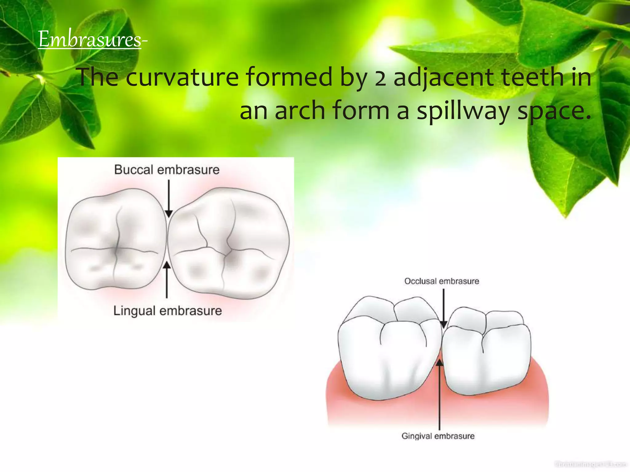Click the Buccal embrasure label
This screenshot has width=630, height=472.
click(x=167, y=170)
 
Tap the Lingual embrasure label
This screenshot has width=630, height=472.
click(x=168, y=311)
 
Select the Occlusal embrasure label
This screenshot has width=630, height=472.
click(x=441, y=281)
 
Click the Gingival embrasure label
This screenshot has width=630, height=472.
click(x=438, y=436)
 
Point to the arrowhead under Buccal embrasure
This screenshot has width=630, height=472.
click(x=169, y=214)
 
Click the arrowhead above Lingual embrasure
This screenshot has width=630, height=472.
click(x=167, y=265)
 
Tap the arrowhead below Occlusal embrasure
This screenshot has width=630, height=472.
click(x=443, y=324)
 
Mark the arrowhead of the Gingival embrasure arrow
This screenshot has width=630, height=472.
click(x=440, y=363)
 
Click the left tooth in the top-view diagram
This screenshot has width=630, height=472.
click(x=115, y=240)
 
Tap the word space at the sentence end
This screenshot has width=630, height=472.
click(x=554, y=111)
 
